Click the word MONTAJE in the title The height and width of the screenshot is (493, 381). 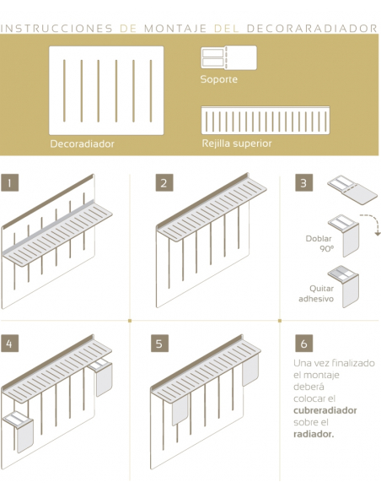[x=175, y=29]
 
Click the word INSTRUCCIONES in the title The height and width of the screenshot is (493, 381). [x=56, y=29]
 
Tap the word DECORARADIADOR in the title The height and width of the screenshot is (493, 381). [x=312, y=29]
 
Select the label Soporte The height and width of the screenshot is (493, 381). [x=219, y=79]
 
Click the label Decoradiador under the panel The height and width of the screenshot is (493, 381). [x=83, y=144]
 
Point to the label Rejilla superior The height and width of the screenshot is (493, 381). [x=237, y=144]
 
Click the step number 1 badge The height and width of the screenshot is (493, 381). [x=9, y=182]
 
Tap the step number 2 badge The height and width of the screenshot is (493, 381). [x=164, y=182]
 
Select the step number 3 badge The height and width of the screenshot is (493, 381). [x=303, y=182]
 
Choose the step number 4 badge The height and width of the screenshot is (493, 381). [x=9, y=343]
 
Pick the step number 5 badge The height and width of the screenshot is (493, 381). [x=159, y=343]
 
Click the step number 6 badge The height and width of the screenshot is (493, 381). [x=303, y=343]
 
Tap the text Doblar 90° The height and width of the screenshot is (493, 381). [x=319, y=243]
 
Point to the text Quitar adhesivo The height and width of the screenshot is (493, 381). [x=316, y=293]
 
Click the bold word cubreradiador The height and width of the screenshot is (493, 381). [x=325, y=410]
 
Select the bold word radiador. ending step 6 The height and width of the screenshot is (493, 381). [x=314, y=434]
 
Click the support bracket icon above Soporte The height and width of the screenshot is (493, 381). [x=228, y=58]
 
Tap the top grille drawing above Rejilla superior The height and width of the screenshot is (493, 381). [x=266, y=121]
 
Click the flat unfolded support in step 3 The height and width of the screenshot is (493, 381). [x=352, y=190]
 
